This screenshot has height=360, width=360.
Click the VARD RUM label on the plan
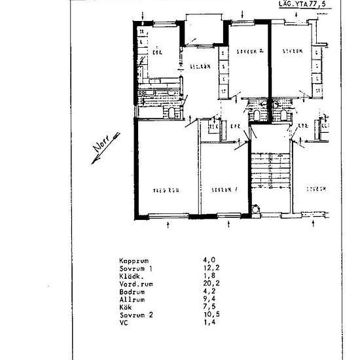click(x=166, y=190)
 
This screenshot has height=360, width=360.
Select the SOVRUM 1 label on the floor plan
click(x=224, y=190)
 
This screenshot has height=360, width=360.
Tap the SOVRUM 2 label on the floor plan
click(x=250, y=50)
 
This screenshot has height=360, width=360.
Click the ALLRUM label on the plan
click(x=200, y=67)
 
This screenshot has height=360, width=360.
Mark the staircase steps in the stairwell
click(x=269, y=171)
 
